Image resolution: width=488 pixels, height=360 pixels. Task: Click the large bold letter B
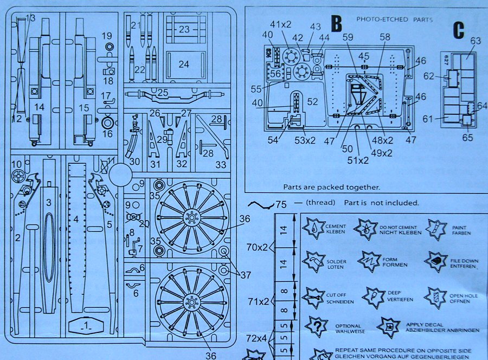tap(337, 24)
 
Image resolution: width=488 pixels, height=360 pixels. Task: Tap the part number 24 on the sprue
tap(184, 65)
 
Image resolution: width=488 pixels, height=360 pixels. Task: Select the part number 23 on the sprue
tap(184, 29)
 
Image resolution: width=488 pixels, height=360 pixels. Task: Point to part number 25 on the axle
tap(163, 93)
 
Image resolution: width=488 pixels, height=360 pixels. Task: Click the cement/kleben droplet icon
tap(313, 228)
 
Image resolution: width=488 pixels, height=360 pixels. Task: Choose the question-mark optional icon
tap(316, 326)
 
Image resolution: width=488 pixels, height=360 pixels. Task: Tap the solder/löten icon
tap(313, 262)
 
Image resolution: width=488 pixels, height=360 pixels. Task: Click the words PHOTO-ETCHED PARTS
tap(394, 20)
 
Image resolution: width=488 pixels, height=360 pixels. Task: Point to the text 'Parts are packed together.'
tap(331, 187)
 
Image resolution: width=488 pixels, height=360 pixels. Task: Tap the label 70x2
tap(257, 247)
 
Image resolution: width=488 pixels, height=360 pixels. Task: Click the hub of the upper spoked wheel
tap(191, 218)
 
